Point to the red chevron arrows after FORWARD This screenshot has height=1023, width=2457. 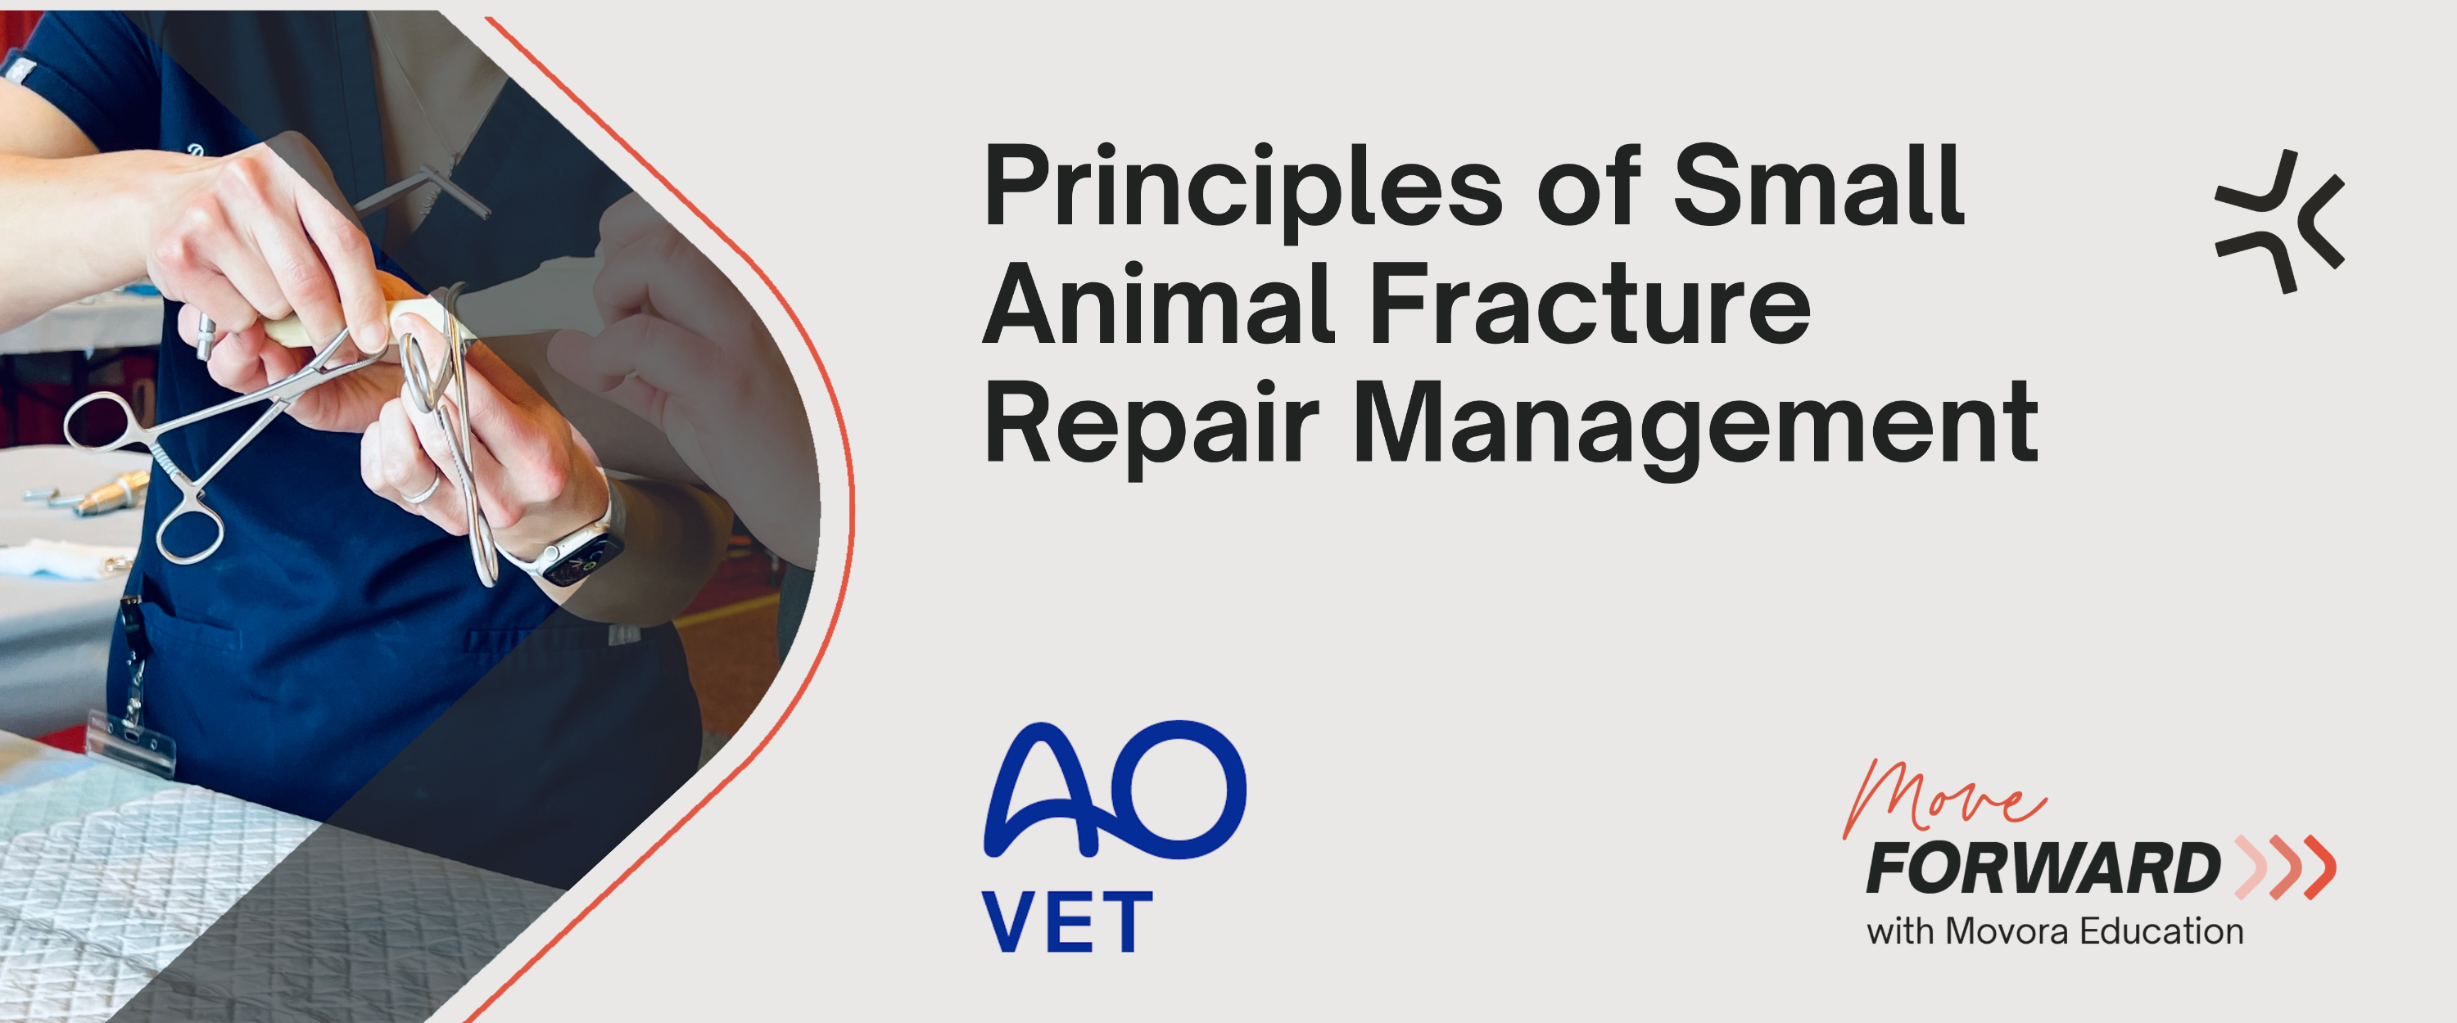[x=2285, y=868]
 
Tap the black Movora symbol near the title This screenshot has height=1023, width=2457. [x=2278, y=221]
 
